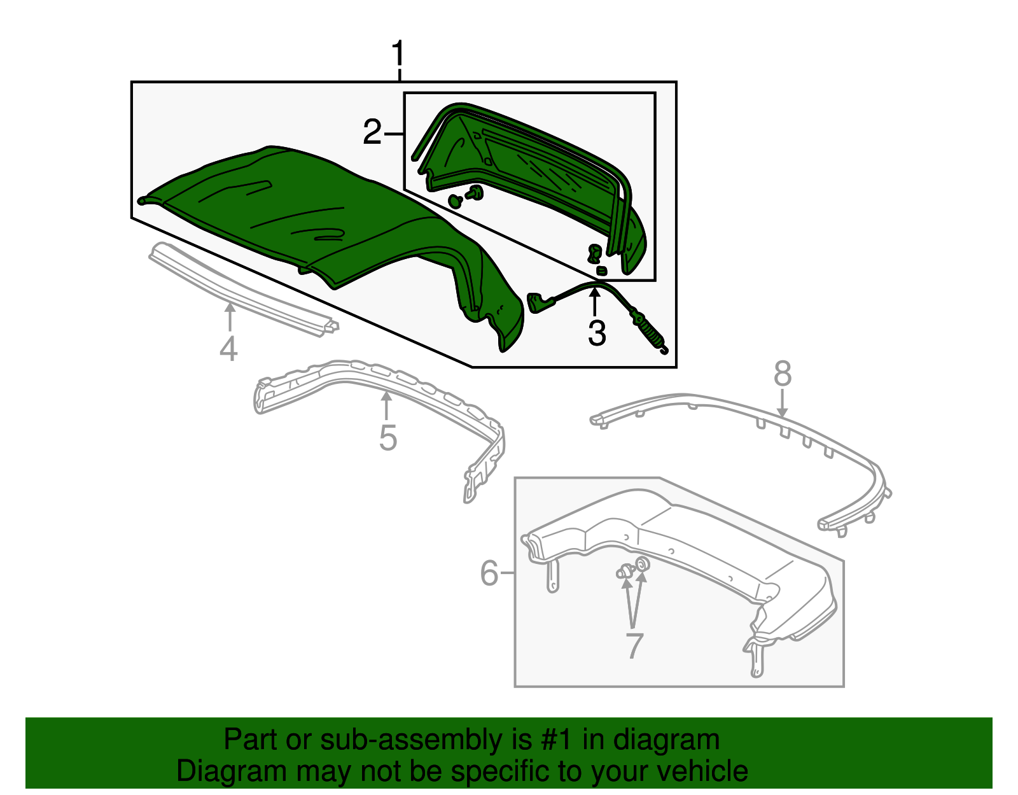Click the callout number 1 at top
coord(398,55)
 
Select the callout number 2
coord(372,133)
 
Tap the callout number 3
coord(596,334)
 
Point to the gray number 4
coord(228,349)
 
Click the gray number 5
coord(387,438)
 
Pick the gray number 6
coord(489,573)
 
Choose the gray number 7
coord(634,645)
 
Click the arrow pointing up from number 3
coord(595,302)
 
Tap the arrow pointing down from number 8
coord(783,403)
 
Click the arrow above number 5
coord(386,406)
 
